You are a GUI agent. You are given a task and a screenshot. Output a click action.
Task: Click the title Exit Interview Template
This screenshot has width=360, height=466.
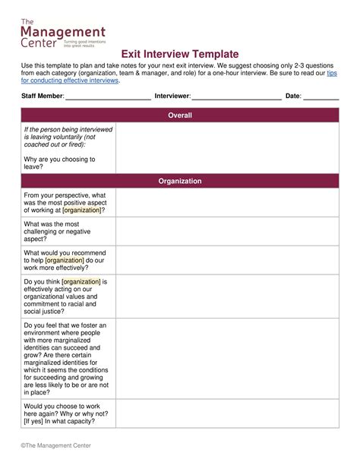click(180, 55)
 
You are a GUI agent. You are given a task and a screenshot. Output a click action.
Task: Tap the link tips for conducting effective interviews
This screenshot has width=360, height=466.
click(71, 80)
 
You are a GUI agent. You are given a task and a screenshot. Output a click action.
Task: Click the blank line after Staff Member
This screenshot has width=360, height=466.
click(109, 97)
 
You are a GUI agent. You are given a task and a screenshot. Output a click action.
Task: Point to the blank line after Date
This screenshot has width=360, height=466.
click(321, 97)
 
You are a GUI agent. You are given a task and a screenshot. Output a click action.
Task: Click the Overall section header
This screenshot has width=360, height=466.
click(180, 116)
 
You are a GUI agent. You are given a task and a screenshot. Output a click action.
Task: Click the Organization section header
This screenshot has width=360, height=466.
click(180, 181)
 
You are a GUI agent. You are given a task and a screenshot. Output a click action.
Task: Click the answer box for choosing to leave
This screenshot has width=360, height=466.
click(227, 148)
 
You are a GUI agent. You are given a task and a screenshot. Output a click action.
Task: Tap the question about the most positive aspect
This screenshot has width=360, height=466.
click(67, 202)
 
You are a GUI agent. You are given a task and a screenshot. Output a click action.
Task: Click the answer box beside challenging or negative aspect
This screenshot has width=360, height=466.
click(227, 232)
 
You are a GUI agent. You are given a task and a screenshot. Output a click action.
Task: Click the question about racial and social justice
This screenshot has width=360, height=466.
click(67, 296)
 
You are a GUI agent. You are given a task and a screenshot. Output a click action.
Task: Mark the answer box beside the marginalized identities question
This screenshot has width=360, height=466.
click(227, 359)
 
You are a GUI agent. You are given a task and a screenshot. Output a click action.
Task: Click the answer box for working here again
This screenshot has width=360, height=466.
click(227, 414)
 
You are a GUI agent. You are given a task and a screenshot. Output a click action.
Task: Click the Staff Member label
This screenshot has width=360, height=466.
click(42, 97)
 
